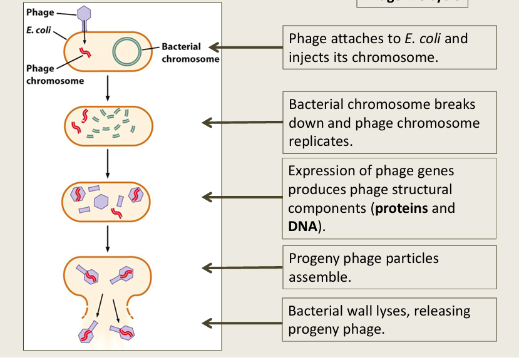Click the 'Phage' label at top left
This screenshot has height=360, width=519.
coord(39,13)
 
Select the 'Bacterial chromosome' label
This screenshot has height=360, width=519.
coord(190,53)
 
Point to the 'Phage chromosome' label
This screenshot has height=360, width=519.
coord(54,75)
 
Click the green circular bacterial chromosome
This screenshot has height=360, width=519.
coord(128,53)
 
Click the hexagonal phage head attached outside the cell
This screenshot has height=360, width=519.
coord(85,13)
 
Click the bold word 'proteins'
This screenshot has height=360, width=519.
coord(401,208)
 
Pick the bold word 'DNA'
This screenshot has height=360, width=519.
coord(303,225)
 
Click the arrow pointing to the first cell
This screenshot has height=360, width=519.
coord(244,48)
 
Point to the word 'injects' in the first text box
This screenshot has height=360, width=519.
coord(309,58)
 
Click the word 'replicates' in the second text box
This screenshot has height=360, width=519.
coord(320,141)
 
